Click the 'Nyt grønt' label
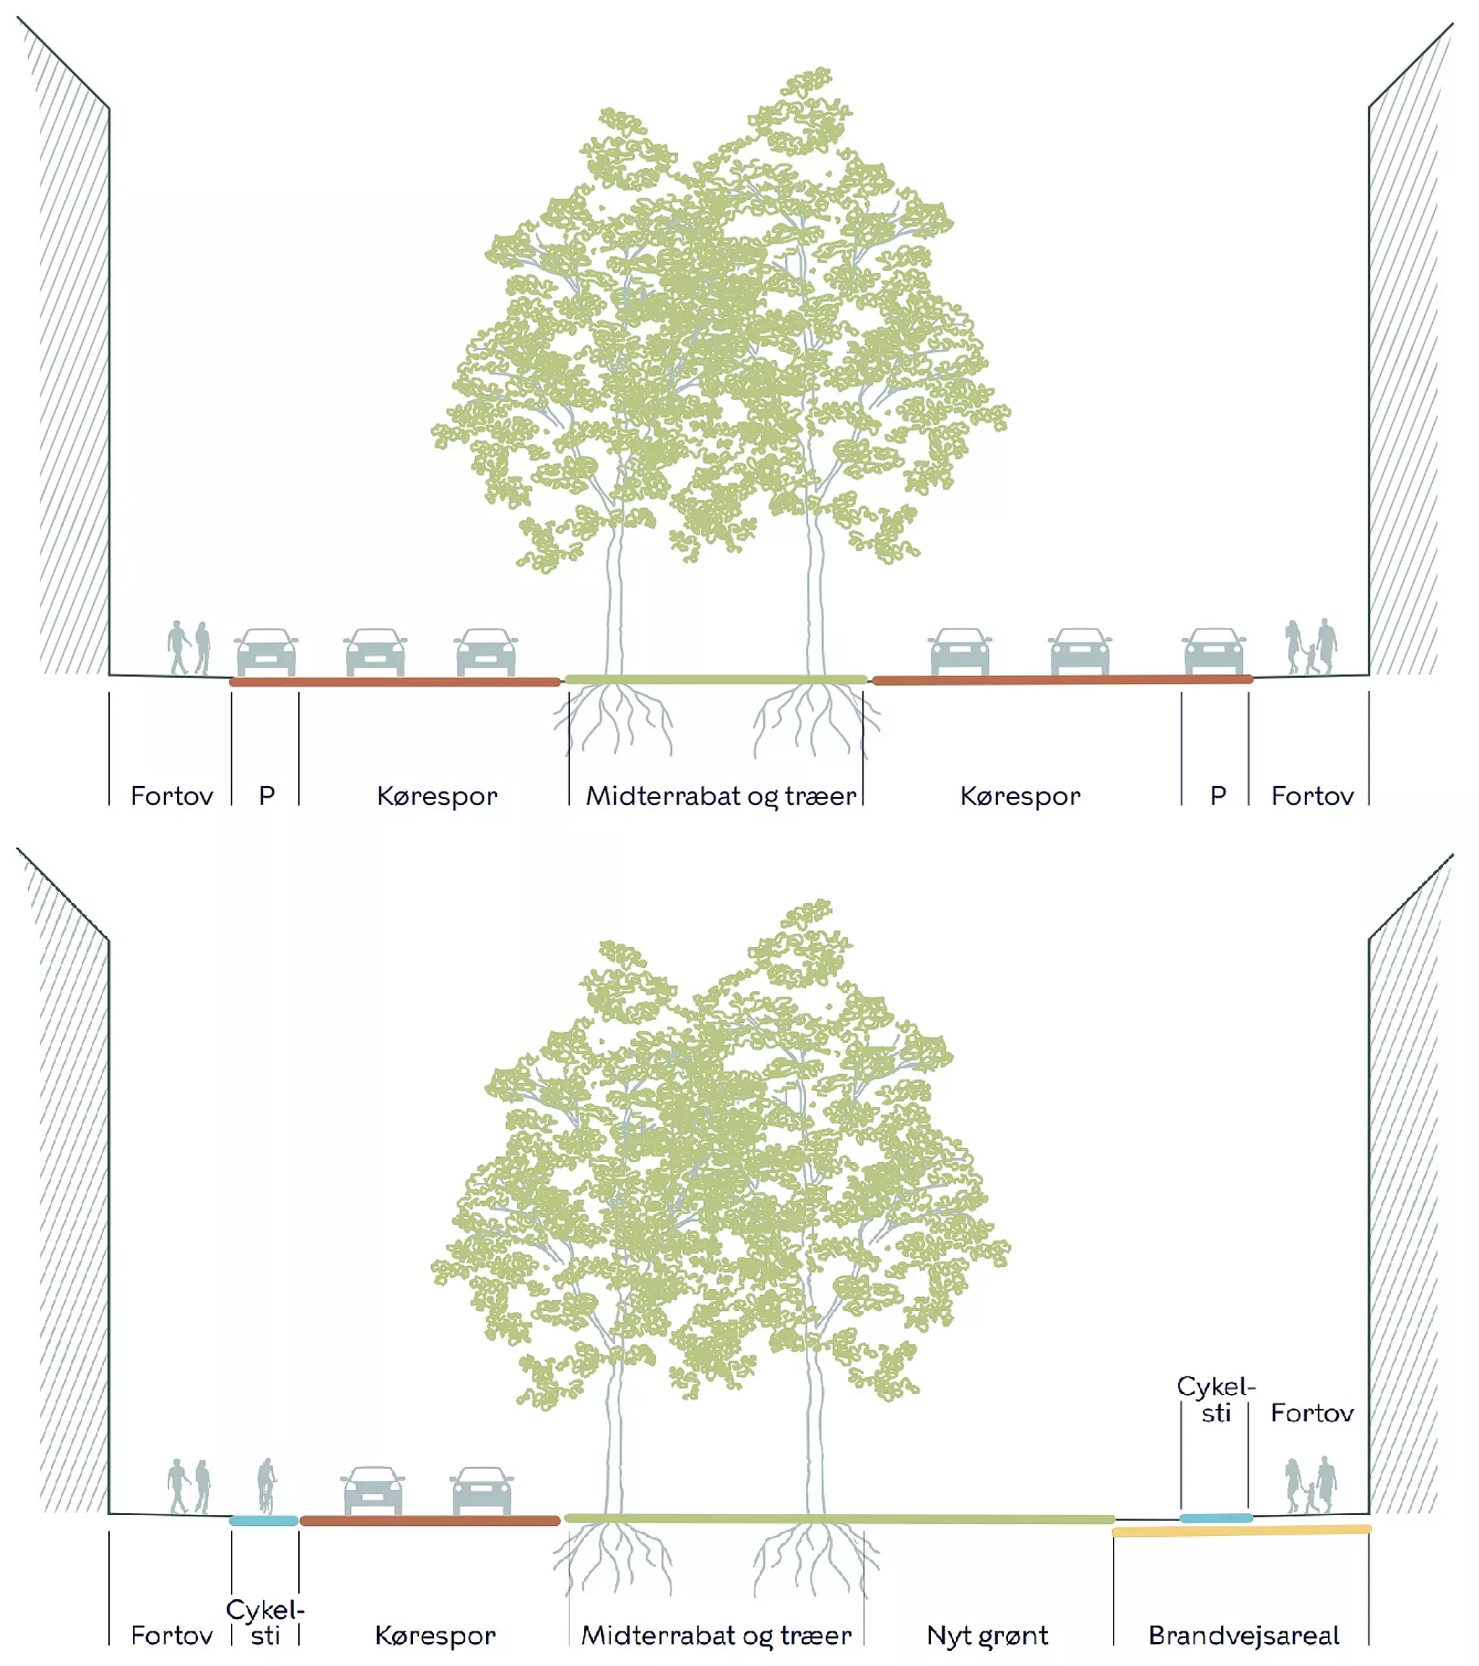tap(986, 1634)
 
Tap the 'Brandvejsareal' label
tap(1244, 1634)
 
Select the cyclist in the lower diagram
tap(266, 1485)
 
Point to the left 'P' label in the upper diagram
tap(266, 795)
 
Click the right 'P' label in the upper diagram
tap(1218, 795)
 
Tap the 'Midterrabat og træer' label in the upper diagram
tap(721, 795)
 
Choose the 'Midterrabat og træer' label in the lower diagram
tap(716, 1634)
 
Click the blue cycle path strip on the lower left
tap(264, 1521)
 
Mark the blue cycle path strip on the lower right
tap(1215, 1517)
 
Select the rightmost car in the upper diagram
tap(1213, 651)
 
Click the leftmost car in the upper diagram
tap(266, 652)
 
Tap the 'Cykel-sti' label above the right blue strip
tap(1215, 1400)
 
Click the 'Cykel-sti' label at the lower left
tap(265, 1622)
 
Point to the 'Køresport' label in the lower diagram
tap(435, 1634)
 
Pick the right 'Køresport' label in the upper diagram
tap(1020, 795)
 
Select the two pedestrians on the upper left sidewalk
tap(189, 648)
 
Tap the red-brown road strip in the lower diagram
tap(430, 1521)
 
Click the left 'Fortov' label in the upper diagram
tap(171, 795)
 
